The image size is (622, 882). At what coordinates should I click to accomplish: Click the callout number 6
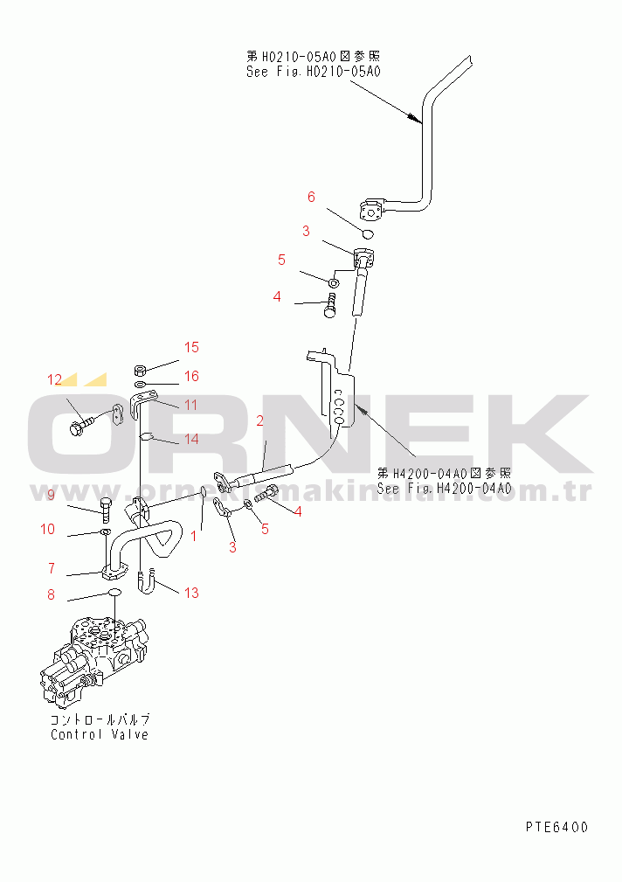[x=310, y=197]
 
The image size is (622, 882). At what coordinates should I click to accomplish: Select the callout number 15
[x=191, y=348]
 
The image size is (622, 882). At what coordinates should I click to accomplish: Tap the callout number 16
[x=191, y=376]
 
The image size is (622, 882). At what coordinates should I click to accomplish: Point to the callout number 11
[x=190, y=405]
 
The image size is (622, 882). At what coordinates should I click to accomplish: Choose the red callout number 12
[x=55, y=379]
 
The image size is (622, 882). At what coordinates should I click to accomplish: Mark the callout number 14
[x=191, y=439]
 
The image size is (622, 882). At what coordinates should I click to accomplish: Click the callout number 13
[x=190, y=593]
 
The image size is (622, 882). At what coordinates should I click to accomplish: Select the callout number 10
[x=47, y=529]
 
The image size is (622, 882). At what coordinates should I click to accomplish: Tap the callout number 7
[x=52, y=568]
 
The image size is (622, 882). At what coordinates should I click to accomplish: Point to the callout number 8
[x=51, y=595]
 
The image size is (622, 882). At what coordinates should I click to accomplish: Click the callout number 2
[x=259, y=421]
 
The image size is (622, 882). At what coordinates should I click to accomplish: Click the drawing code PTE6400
[x=556, y=826]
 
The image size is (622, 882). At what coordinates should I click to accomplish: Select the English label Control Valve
[x=100, y=734]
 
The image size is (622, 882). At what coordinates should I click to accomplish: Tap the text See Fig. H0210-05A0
[x=314, y=72]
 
